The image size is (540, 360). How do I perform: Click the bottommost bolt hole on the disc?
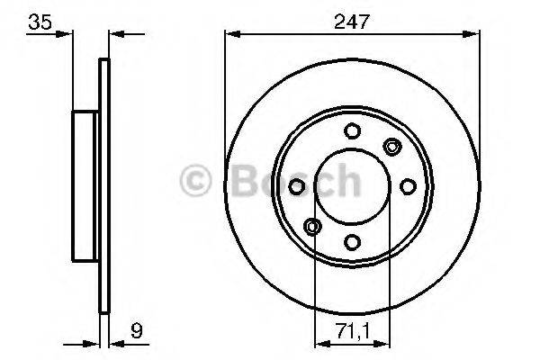[351, 241]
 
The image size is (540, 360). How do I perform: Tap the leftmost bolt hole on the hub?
[295, 185]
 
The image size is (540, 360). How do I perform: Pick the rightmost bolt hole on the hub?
[407, 185]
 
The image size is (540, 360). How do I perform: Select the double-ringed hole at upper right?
[391, 146]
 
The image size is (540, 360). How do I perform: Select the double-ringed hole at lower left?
[311, 225]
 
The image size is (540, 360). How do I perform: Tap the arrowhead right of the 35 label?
[66, 34]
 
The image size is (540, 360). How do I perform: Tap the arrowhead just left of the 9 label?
[115, 342]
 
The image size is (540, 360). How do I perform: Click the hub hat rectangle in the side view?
[85, 185]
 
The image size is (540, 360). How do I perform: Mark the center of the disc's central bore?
[351, 185]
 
